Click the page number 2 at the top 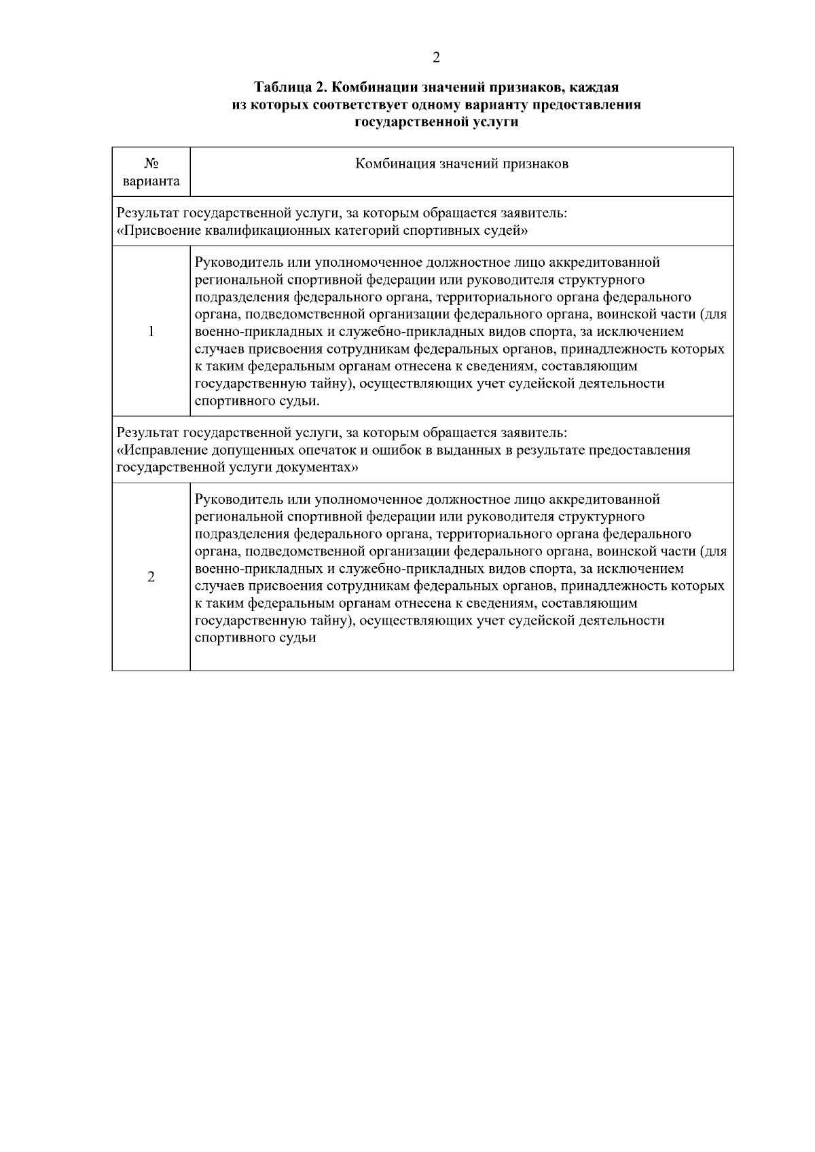[435, 58]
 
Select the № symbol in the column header [151, 164]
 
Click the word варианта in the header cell [151, 181]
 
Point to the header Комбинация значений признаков [462, 164]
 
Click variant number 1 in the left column [151, 331]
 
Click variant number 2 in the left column [151, 577]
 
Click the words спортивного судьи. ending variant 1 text [257, 401]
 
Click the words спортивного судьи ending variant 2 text [255, 638]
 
